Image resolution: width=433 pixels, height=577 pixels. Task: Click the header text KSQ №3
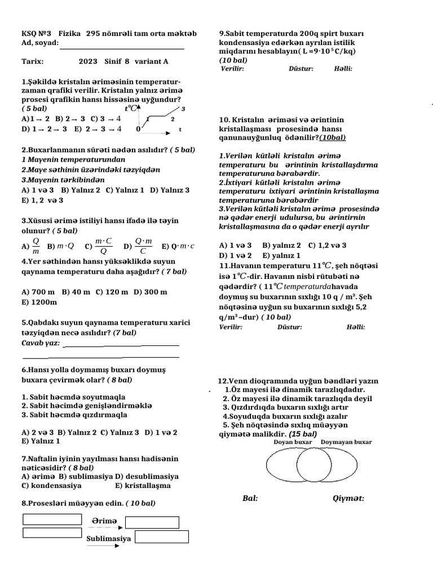[x=36, y=34]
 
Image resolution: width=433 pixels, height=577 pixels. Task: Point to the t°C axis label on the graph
[x=131, y=108]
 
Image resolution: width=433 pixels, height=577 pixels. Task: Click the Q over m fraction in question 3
[x=36, y=246]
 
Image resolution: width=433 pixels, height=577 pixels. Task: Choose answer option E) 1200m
[x=39, y=302]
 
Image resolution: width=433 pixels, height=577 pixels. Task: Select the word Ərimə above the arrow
[x=104, y=522]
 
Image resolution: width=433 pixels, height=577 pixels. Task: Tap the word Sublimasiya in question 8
[x=109, y=539]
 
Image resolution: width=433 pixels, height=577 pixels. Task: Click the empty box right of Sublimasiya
[x=153, y=536]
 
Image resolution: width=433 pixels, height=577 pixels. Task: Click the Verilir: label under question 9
[x=232, y=69]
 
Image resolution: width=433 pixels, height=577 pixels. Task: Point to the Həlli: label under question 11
[x=356, y=327]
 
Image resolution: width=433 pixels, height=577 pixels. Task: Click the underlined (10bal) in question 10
[x=333, y=137]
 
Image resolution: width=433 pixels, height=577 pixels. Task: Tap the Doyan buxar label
[x=293, y=442]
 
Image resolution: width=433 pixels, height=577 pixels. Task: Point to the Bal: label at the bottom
[x=250, y=498]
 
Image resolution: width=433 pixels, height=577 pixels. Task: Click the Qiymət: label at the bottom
[x=348, y=498]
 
